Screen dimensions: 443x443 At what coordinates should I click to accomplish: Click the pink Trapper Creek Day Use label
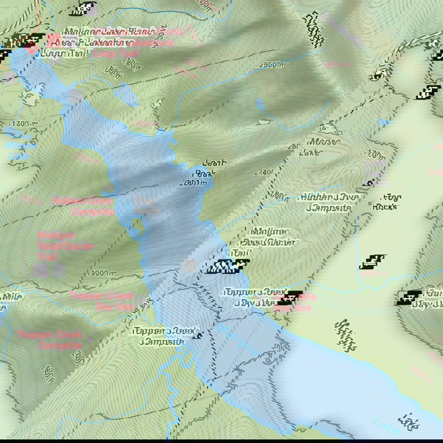pos(101,301)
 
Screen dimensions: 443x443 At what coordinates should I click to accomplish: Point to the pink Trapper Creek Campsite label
pos(49,339)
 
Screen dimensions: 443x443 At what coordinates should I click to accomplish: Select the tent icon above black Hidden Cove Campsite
pos(367,182)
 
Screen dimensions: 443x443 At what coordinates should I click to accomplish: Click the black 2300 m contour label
pos(272,65)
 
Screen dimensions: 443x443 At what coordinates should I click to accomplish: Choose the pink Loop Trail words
pos(116,54)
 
